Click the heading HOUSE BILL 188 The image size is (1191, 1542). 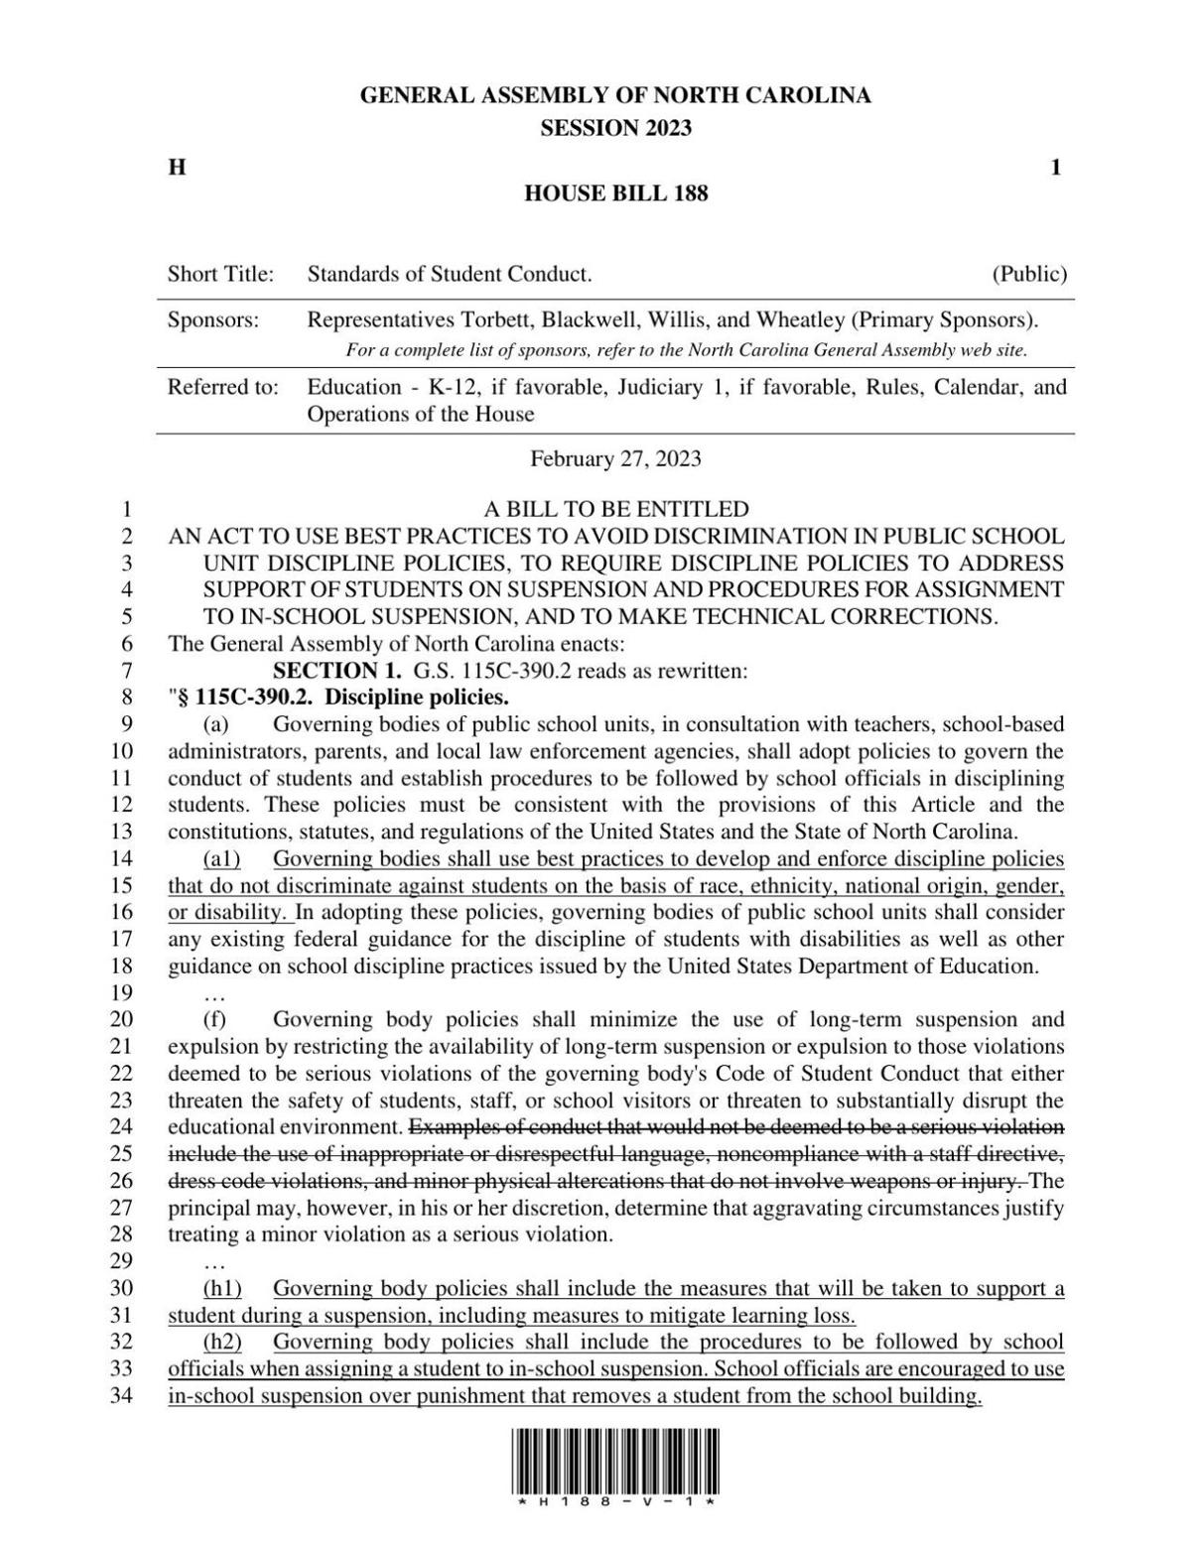tap(615, 193)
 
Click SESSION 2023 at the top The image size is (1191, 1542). tap(615, 128)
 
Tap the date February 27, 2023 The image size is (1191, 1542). tap(615, 458)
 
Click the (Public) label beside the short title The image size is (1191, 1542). tap(1029, 274)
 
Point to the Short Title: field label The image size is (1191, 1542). tap(220, 274)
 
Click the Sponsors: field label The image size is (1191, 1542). tap(212, 321)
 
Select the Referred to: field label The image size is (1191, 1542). tap(222, 387)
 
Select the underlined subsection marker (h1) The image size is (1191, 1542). tap(221, 1289)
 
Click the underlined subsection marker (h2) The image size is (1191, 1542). tap(221, 1343)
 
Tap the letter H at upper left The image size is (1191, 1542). tap(177, 168)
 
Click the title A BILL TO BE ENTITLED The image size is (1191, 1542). tap(615, 510)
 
